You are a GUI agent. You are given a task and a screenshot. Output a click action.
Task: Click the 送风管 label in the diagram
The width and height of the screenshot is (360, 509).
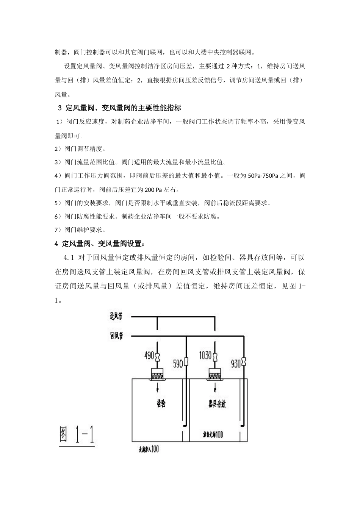coord(116,316)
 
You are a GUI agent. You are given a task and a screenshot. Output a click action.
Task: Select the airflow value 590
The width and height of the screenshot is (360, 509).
coord(178,364)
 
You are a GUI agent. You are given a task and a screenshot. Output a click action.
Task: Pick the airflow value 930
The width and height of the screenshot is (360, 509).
coord(236,364)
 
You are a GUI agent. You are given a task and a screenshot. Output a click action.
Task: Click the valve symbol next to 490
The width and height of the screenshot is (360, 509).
coord(157,356)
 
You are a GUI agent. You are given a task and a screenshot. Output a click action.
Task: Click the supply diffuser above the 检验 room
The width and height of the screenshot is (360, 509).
coord(157,373)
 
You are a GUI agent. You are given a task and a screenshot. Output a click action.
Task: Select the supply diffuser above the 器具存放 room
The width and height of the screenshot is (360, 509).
coord(215,373)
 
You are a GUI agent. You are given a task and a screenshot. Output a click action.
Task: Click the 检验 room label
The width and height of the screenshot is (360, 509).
coord(161,403)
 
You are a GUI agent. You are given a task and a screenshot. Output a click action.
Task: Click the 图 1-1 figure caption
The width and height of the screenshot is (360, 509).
coord(77,434)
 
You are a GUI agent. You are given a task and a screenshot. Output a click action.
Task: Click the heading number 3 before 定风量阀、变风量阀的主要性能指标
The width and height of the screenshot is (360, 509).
coord(60,108)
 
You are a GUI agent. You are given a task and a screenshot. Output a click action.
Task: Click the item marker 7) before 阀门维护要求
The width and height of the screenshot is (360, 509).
coord(58,230)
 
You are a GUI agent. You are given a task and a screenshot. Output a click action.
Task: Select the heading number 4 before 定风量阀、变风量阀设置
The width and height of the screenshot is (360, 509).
coord(56,243)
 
